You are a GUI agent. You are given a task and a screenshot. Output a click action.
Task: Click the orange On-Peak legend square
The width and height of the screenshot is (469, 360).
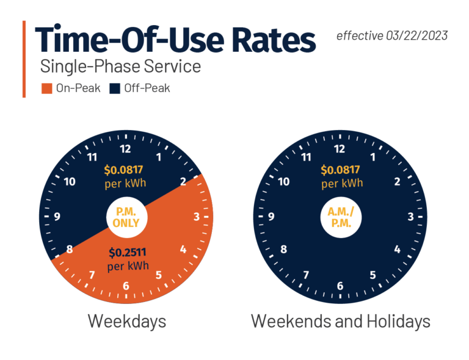point(46,88)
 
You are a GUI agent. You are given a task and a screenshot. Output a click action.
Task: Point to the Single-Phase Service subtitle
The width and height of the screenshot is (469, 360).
point(120,66)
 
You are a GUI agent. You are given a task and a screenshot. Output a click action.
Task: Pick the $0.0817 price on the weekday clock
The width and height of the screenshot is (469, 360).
point(126,171)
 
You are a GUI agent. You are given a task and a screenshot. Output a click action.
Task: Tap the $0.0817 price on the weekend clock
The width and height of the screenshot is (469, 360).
point(340,171)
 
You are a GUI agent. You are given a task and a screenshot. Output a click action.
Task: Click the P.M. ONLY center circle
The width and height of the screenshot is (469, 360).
point(126,217)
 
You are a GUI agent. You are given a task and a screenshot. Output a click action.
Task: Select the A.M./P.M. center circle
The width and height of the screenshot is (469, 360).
point(340,217)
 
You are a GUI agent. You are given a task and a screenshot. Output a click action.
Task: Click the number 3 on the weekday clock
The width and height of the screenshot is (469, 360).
point(197,217)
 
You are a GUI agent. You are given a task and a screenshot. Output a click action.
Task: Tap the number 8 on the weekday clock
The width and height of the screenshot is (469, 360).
point(69,250)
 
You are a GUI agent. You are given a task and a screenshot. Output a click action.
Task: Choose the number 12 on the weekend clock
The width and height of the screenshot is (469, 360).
point(340,148)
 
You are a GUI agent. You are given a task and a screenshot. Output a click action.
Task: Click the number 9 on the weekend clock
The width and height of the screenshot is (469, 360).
point(271,217)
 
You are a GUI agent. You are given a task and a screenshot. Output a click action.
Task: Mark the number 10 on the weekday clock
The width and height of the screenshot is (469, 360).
point(69,182)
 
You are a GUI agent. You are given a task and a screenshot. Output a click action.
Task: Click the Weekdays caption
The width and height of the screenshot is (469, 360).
point(126,321)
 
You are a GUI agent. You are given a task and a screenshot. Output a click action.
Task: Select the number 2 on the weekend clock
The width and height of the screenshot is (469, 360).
point(398,182)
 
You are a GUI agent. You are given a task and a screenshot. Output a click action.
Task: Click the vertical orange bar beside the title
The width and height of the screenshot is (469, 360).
point(24,59)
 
